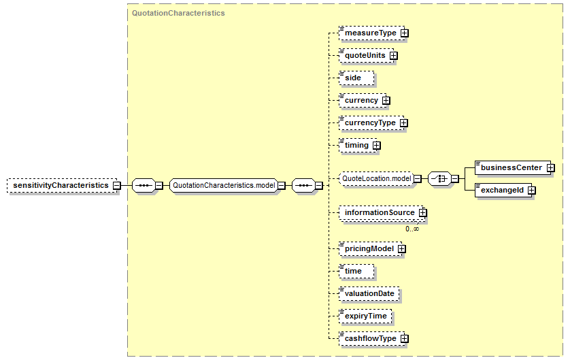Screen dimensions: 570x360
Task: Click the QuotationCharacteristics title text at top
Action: coord(178,13)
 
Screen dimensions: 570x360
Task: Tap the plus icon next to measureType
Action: coord(404,33)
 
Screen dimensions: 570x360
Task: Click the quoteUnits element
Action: coord(367,56)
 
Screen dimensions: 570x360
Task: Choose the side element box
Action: coord(356,78)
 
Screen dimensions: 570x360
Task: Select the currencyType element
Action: coord(371,123)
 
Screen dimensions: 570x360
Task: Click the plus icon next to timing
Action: coord(377,146)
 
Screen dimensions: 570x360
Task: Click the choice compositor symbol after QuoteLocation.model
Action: coord(439,179)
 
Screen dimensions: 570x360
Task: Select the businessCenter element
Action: coord(513,168)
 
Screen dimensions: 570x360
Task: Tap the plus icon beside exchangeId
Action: coord(531,191)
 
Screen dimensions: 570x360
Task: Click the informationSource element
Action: coord(381,213)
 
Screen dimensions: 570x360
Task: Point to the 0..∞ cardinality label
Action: coord(412,229)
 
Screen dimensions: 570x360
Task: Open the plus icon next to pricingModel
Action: coord(402,248)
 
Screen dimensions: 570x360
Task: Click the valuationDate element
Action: coord(369,294)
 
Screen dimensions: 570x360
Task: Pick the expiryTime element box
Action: coord(365,316)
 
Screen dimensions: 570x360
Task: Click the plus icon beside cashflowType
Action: coord(404,339)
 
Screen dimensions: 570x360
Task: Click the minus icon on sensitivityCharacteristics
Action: coord(117,186)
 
